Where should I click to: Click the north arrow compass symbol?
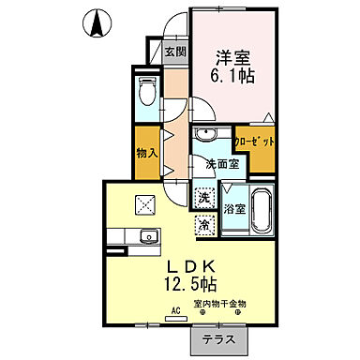coord(97,23)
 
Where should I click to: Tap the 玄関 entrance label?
coord(175,52)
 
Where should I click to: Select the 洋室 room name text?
coord(233,55)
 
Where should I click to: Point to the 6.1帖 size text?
coord(233,77)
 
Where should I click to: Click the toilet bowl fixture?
coord(146,94)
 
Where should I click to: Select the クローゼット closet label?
coord(255,142)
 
